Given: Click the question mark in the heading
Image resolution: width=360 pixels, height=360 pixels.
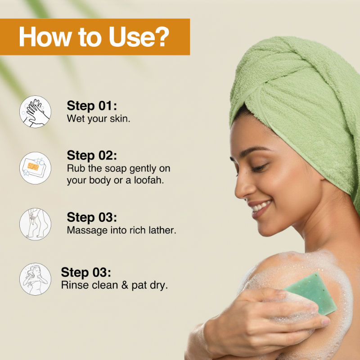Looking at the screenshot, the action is click(162, 37).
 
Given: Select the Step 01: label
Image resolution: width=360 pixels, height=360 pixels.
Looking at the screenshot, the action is click(92, 106).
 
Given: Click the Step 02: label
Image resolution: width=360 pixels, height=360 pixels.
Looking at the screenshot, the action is click(92, 155).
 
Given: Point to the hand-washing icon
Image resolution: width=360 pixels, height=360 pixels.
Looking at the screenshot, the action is click(35, 112).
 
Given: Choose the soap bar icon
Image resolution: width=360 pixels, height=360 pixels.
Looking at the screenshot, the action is click(35, 168).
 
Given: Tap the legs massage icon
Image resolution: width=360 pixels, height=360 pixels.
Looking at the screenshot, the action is click(35, 224).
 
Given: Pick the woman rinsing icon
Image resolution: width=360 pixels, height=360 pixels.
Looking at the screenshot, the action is click(35, 279).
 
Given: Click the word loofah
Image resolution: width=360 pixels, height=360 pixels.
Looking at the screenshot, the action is click(149, 180).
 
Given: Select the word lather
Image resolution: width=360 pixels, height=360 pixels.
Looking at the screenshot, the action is click(162, 230).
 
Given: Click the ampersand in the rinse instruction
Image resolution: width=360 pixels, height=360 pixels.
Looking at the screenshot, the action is click(125, 285).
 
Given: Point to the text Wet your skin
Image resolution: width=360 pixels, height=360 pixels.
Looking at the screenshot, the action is click(99, 119).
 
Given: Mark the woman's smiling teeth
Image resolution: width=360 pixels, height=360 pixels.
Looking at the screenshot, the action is click(260, 207).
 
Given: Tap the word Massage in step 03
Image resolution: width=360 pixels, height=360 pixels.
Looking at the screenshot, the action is click(87, 230).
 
